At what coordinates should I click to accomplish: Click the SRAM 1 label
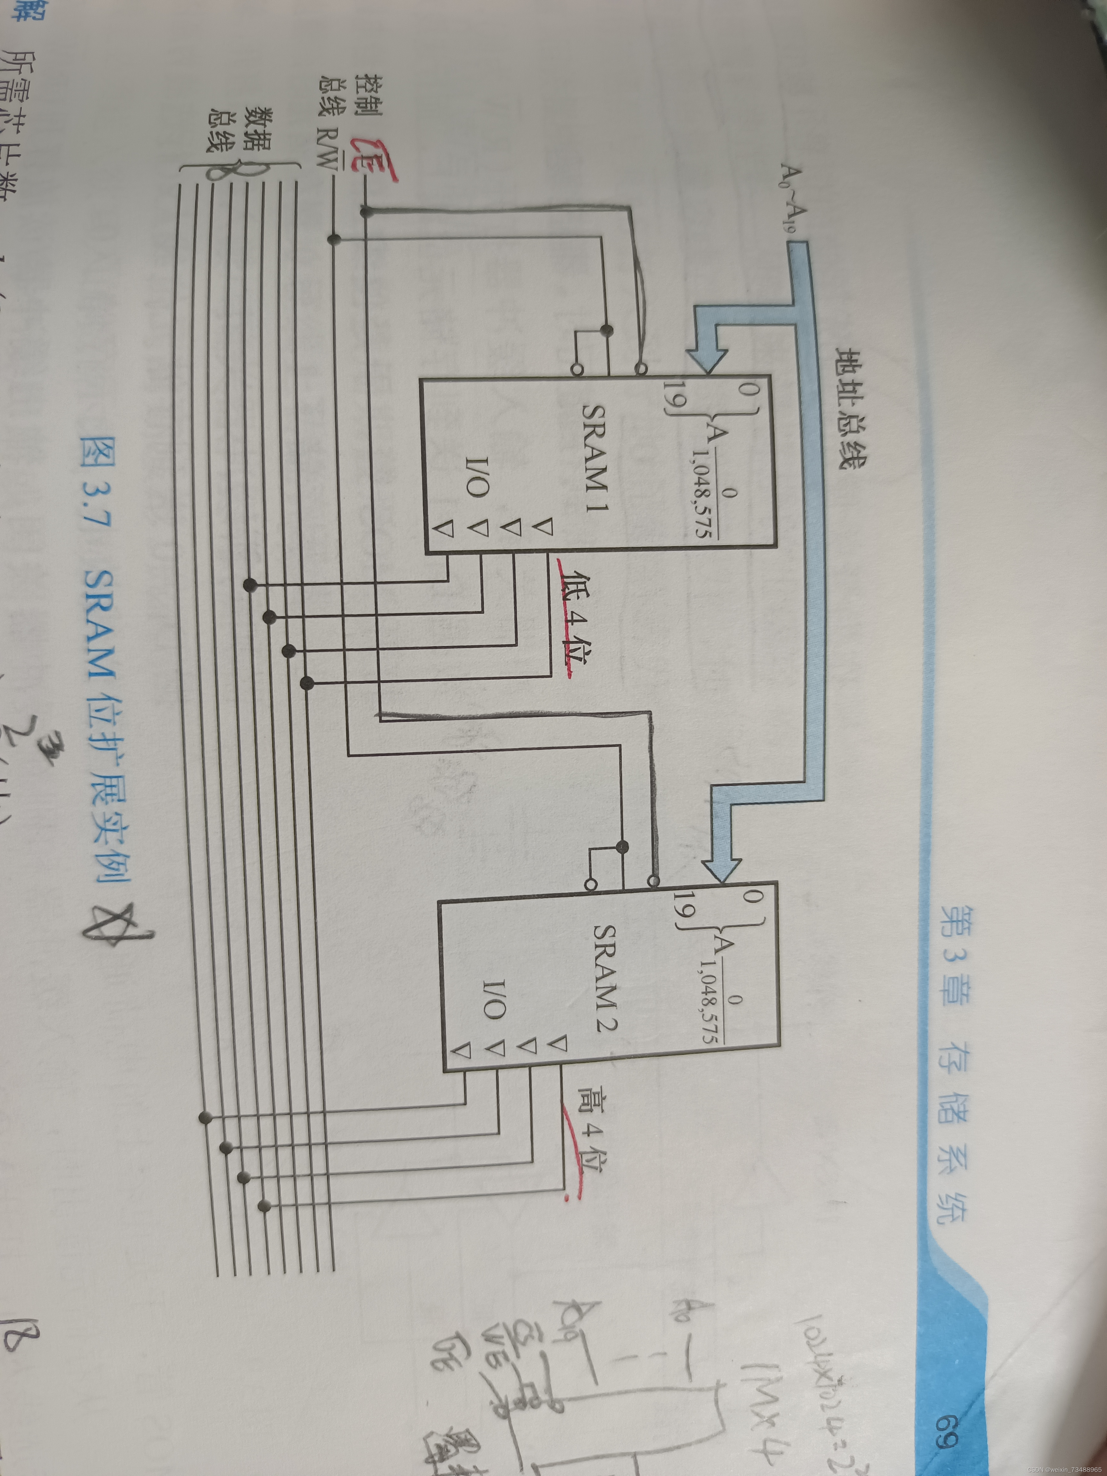click(x=596, y=460)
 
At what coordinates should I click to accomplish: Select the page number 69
click(x=944, y=1435)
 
